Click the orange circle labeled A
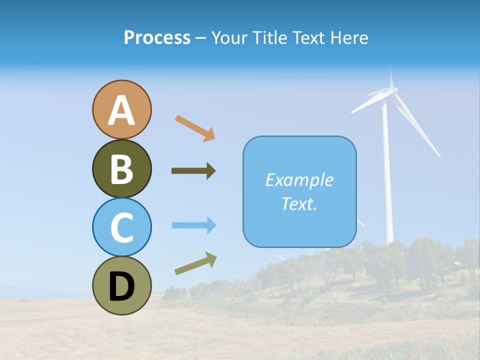pos(121,109)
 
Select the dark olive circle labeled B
pos(121,168)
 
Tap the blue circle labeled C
pos(121,227)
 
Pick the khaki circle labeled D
pos(121,285)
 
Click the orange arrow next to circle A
pos(195,127)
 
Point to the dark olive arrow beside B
pos(193,171)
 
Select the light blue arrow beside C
pos(194,225)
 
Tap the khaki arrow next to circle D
pos(195,263)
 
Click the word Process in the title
pos(157,37)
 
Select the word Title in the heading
pos(269,38)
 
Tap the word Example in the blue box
pos(299,180)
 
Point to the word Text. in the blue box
pos(299,203)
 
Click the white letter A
pos(121,110)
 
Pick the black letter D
pos(121,286)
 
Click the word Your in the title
pos(227,38)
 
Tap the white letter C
pos(121,228)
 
